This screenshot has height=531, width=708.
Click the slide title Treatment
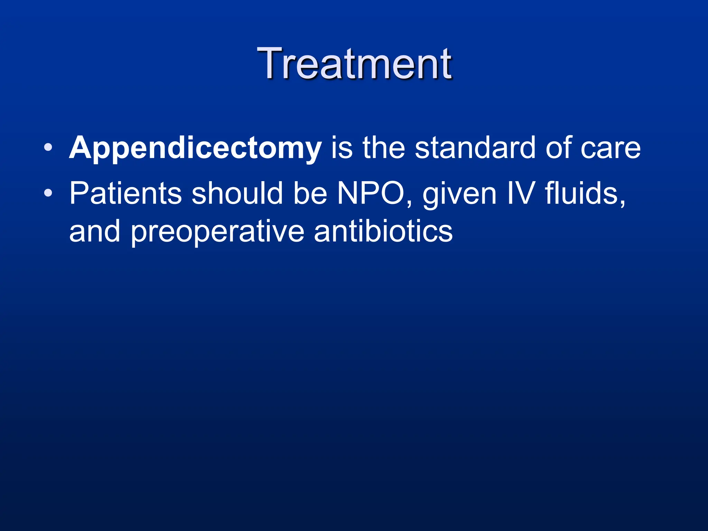354,64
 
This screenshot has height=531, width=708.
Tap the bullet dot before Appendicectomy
48,148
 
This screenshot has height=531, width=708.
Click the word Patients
125,194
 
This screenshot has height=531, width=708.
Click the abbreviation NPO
371,194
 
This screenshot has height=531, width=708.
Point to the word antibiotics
383,232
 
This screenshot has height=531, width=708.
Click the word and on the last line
94,232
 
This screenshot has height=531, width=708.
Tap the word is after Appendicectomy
342,148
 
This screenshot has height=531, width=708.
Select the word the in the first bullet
383,148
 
